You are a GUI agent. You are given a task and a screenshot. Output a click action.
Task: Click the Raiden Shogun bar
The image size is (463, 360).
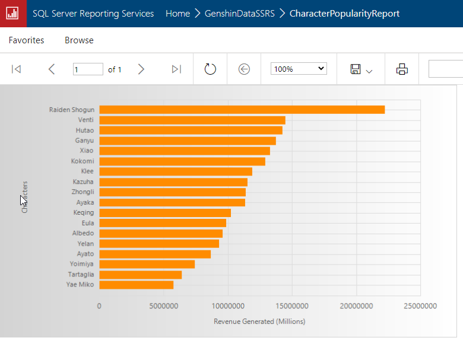(242, 110)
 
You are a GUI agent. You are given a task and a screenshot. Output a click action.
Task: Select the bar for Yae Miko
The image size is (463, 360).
(136, 285)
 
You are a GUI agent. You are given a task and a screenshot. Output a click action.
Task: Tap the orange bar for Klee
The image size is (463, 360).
(175, 171)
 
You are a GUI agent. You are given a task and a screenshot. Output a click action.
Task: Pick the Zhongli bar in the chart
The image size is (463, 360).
(172, 192)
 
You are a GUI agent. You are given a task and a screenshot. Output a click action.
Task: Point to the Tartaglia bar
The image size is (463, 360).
(140, 275)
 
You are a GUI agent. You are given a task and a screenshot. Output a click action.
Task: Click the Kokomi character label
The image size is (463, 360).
(82, 161)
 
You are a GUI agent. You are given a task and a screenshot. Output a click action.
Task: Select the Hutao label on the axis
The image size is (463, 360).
(84, 130)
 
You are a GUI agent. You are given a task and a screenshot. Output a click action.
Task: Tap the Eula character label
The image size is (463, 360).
(87, 223)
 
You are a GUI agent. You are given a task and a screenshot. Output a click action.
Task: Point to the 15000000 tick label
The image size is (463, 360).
(292, 306)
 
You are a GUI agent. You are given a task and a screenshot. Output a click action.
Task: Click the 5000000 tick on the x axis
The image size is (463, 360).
(163, 306)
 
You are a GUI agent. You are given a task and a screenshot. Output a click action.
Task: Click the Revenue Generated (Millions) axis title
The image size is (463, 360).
(259, 321)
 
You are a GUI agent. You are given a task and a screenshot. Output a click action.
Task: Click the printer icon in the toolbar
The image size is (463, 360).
(402, 69)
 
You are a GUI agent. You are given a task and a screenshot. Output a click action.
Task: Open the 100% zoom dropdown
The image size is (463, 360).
(299, 69)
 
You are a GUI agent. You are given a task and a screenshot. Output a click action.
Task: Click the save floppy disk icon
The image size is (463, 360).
(356, 69)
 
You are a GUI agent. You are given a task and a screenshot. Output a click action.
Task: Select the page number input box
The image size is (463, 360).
(88, 69)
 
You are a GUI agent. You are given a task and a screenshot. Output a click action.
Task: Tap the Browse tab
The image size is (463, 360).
(79, 40)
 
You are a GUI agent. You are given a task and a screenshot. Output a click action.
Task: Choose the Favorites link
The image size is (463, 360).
(26, 40)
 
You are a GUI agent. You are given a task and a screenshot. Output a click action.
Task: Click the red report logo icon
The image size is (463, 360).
(13, 13)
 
